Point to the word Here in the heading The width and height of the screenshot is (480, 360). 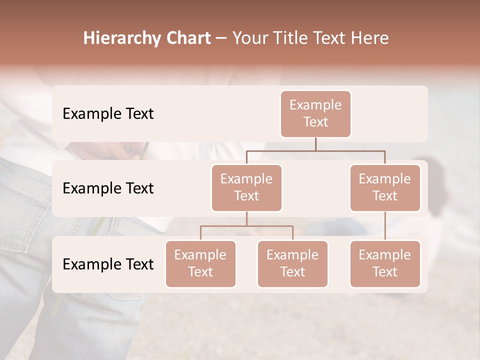point(370,38)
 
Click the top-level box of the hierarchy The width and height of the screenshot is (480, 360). point(315,114)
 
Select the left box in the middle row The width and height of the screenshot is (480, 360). point(246,188)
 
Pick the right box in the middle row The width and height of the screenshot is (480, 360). point(385,188)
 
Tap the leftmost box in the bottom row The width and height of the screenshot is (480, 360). point(200,264)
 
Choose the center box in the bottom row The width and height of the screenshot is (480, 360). point(292,264)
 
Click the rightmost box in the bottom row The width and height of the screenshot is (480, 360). point(385,264)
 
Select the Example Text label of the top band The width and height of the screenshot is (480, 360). point(108,114)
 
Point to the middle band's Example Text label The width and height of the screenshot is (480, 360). point(108,188)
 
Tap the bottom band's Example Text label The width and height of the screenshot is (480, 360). point(108,264)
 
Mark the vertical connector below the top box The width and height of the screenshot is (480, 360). point(315,144)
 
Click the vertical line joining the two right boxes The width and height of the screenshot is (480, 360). point(385,226)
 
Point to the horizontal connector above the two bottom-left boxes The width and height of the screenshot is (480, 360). point(246,226)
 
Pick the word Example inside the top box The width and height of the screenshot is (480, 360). point(315,105)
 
